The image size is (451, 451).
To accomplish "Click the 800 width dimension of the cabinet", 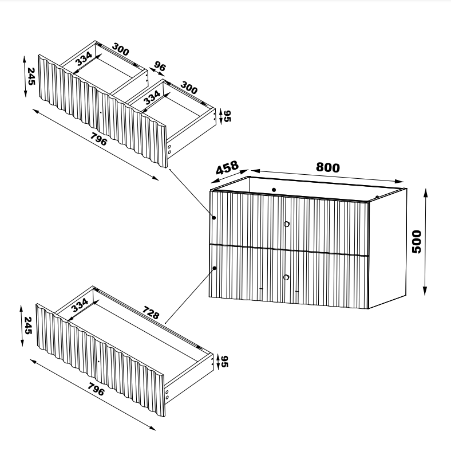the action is [x=327, y=167].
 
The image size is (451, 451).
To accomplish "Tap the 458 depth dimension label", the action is [x=227, y=167].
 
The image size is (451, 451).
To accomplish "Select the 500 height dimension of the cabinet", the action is [x=417, y=242].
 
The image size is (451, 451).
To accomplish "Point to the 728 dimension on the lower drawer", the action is [x=151, y=313].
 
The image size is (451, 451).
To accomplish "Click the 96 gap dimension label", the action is [x=160, y=66].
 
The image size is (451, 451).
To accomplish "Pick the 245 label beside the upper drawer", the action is [x=31, y=76].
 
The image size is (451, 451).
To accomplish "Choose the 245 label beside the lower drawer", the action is [x=27, y=325].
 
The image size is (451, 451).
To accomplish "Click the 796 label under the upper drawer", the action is [x=98, y=139].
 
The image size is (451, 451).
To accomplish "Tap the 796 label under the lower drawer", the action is [x=96, y=389].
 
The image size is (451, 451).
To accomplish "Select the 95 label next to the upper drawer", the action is [x=227, y=116].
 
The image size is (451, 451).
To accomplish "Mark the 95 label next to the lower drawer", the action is [x=224, y=362].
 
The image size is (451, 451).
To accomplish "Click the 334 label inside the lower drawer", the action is [x=80, y=305].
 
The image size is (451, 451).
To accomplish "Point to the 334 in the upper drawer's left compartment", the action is [x=84, y=58].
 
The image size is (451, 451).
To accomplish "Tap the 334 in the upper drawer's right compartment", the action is [x=152, y=97].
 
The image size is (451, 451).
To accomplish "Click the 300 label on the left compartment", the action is [x=121, y=49].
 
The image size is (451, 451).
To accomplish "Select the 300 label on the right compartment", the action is [x=189, y=88].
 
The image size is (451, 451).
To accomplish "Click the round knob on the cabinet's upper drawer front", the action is [x=287, y=224].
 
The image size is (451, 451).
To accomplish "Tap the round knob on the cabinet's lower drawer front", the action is [x=286, y=277].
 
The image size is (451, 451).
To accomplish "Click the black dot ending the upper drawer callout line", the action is [x=214, y=218].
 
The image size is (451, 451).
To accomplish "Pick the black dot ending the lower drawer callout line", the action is [x=215, y=268].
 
